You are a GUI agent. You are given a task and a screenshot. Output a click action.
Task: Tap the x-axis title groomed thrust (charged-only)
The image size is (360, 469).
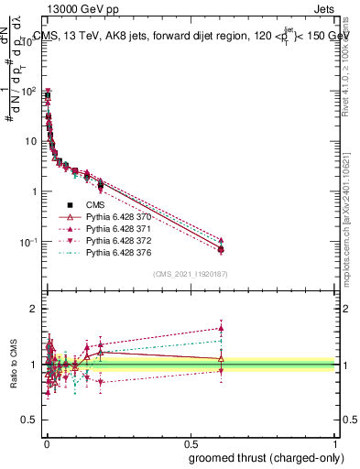[260, 457]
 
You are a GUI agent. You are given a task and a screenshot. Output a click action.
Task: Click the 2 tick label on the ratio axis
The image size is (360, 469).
[31, 309]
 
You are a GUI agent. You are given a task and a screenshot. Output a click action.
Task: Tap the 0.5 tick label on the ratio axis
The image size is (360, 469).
[27, 420]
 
